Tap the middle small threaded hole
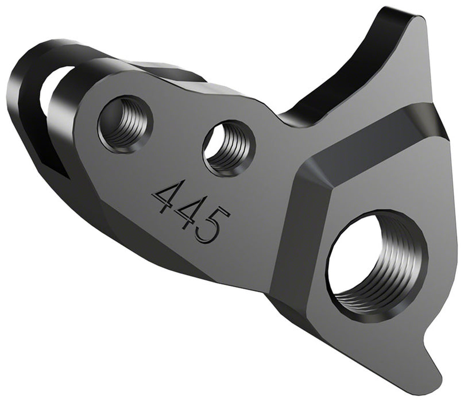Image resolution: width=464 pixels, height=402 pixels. [227, 148]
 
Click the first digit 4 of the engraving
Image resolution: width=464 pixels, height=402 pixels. [166, 197]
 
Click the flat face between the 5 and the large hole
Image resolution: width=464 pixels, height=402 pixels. [258, 230]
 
